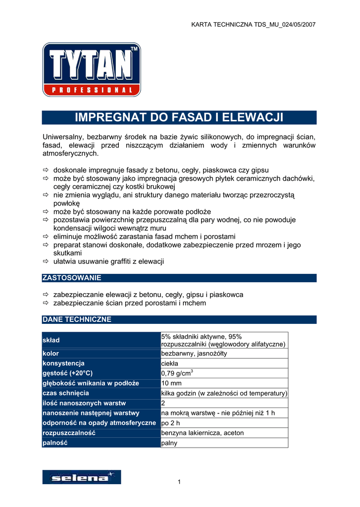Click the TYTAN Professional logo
pos(91,69)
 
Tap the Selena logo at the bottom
pos(81,477)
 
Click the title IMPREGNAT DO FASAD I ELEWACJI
pos(179,117)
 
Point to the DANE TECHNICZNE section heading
pos(77,319)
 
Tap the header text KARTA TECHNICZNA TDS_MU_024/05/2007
pos(253,24)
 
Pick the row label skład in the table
pos(51,340)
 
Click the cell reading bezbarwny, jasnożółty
pos(195,354)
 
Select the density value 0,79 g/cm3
pos(177,373)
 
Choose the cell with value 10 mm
pos(172,383)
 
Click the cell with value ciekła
pos(170,363)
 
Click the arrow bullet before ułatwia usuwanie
pos(46,261)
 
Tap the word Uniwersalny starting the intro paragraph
pos(63,136)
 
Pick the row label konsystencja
pos(64,363)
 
